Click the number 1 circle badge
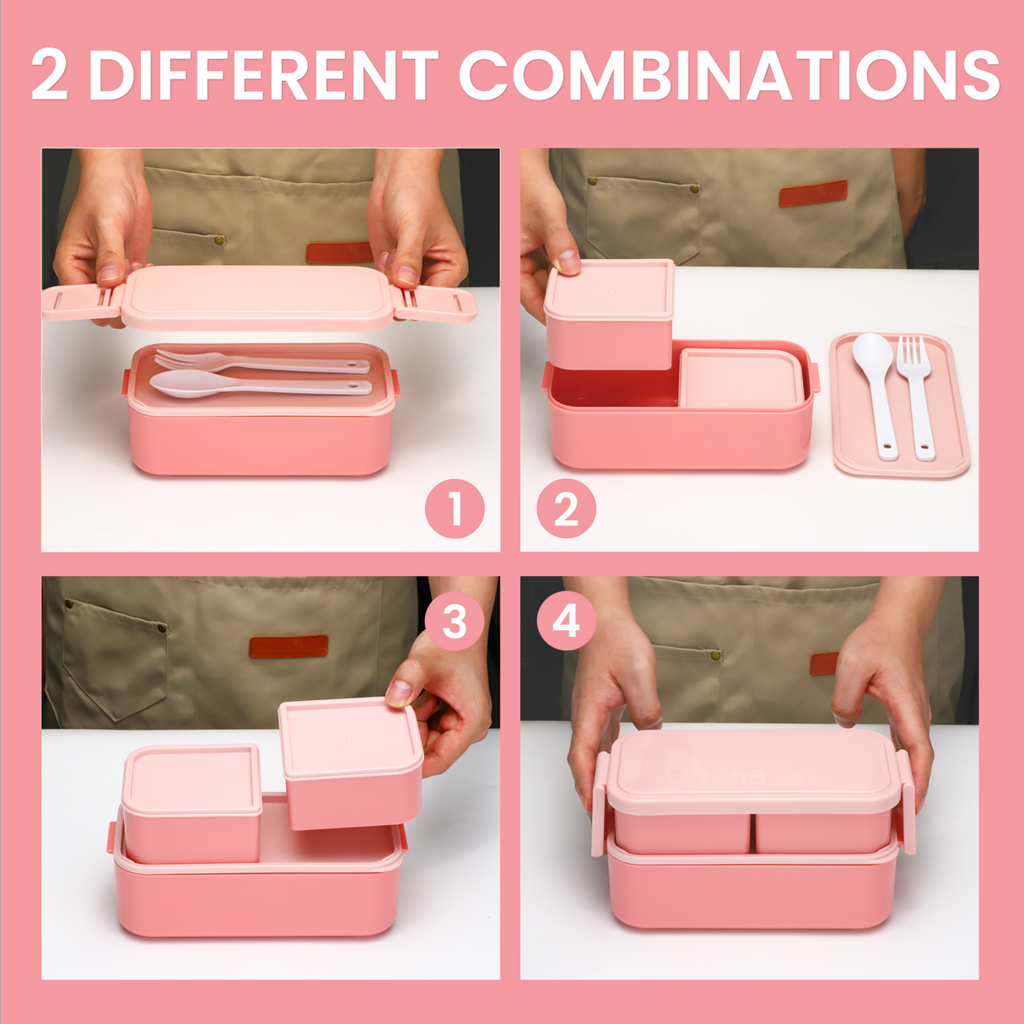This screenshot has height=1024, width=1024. point(455,509)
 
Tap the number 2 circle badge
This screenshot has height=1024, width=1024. point(566,509)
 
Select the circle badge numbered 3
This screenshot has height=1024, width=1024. point(455,622)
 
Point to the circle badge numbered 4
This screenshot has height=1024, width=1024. point(566,622)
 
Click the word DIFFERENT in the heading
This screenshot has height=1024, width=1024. point(264,75)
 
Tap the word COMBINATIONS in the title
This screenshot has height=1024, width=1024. point(729,75)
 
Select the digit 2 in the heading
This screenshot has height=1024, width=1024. point(50,75)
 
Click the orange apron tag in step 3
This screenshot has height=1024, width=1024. point(288,646)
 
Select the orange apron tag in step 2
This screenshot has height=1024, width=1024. point(812,193)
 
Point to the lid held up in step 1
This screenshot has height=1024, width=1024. point(257,297)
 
